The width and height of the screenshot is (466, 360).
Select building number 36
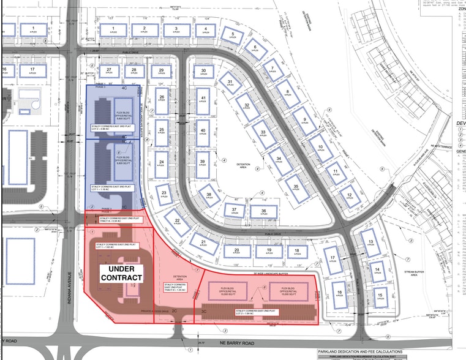tap(263, 212)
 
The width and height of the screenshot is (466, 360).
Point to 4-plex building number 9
tap(300, 118)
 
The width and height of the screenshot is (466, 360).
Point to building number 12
tap(350, 196)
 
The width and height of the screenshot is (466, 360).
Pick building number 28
tap(134, 72)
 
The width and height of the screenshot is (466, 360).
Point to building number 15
tap(380, 298)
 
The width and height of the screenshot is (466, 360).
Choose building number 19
tap(268, 250)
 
